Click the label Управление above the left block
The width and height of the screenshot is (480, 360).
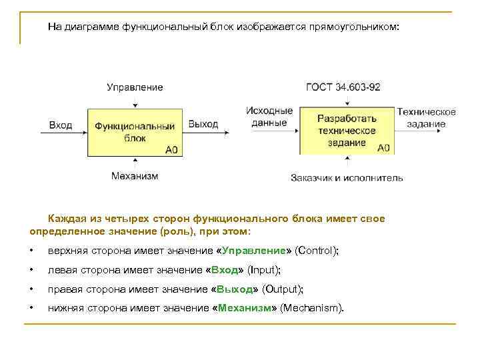(x=135, y=87)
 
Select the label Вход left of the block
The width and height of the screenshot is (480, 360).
(x=61, y=125)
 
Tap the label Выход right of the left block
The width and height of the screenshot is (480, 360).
(x=203, y=125)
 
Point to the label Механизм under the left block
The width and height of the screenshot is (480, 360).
(x=135, y=176)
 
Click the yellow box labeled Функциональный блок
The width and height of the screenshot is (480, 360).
(x=135, y=132)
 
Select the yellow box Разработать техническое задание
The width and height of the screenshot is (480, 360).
(x=346, y=130)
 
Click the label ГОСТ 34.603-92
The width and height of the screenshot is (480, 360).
(x=343, y=87)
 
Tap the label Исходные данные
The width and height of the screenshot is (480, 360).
(x=269, y=117)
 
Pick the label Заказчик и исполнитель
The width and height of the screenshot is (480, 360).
(x=347, y=178)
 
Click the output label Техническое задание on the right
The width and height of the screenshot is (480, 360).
(x=426, y=118)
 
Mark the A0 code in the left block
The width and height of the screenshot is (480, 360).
(x=172, y=150)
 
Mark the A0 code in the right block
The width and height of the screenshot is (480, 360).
(x=383, y=148)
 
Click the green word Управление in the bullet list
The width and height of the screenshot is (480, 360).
(x=253, y=251)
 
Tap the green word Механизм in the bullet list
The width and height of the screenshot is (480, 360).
(x=243, y=307)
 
